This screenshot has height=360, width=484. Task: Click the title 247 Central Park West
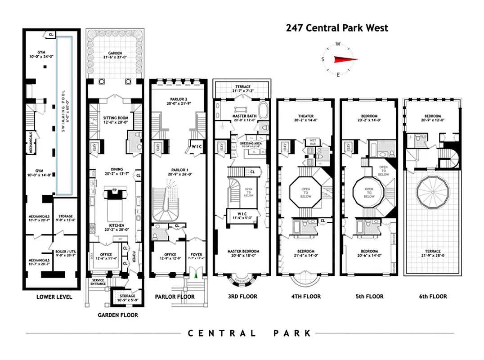point(337,28)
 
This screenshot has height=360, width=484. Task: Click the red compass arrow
point(345,59)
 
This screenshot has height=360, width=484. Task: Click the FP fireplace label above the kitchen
point(114,190)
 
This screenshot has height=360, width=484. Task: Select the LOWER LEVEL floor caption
point(54,297)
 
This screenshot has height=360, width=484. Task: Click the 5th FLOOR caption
point(368,297)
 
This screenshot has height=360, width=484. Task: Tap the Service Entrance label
point(98,282)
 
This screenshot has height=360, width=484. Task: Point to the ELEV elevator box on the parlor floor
point(158,146)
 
